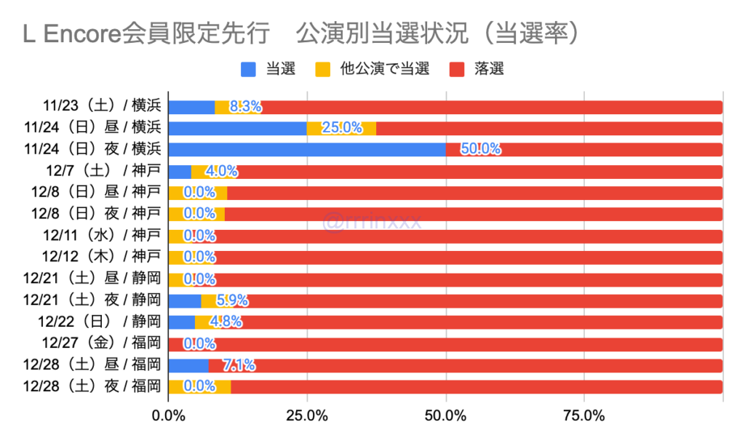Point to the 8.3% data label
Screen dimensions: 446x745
pos(245,107)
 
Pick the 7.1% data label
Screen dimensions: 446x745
pos(238,365)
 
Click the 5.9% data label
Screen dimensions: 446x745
pos(232,300)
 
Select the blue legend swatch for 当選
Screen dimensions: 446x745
pos(248,70)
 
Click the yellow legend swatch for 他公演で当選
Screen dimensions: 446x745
pos(323,70)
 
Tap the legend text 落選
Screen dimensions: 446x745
pos(488,70)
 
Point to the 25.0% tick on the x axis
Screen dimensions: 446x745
pos(306,416)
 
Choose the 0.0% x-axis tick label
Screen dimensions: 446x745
pos(168,416)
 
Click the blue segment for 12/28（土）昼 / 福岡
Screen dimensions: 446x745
pos(188,365)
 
